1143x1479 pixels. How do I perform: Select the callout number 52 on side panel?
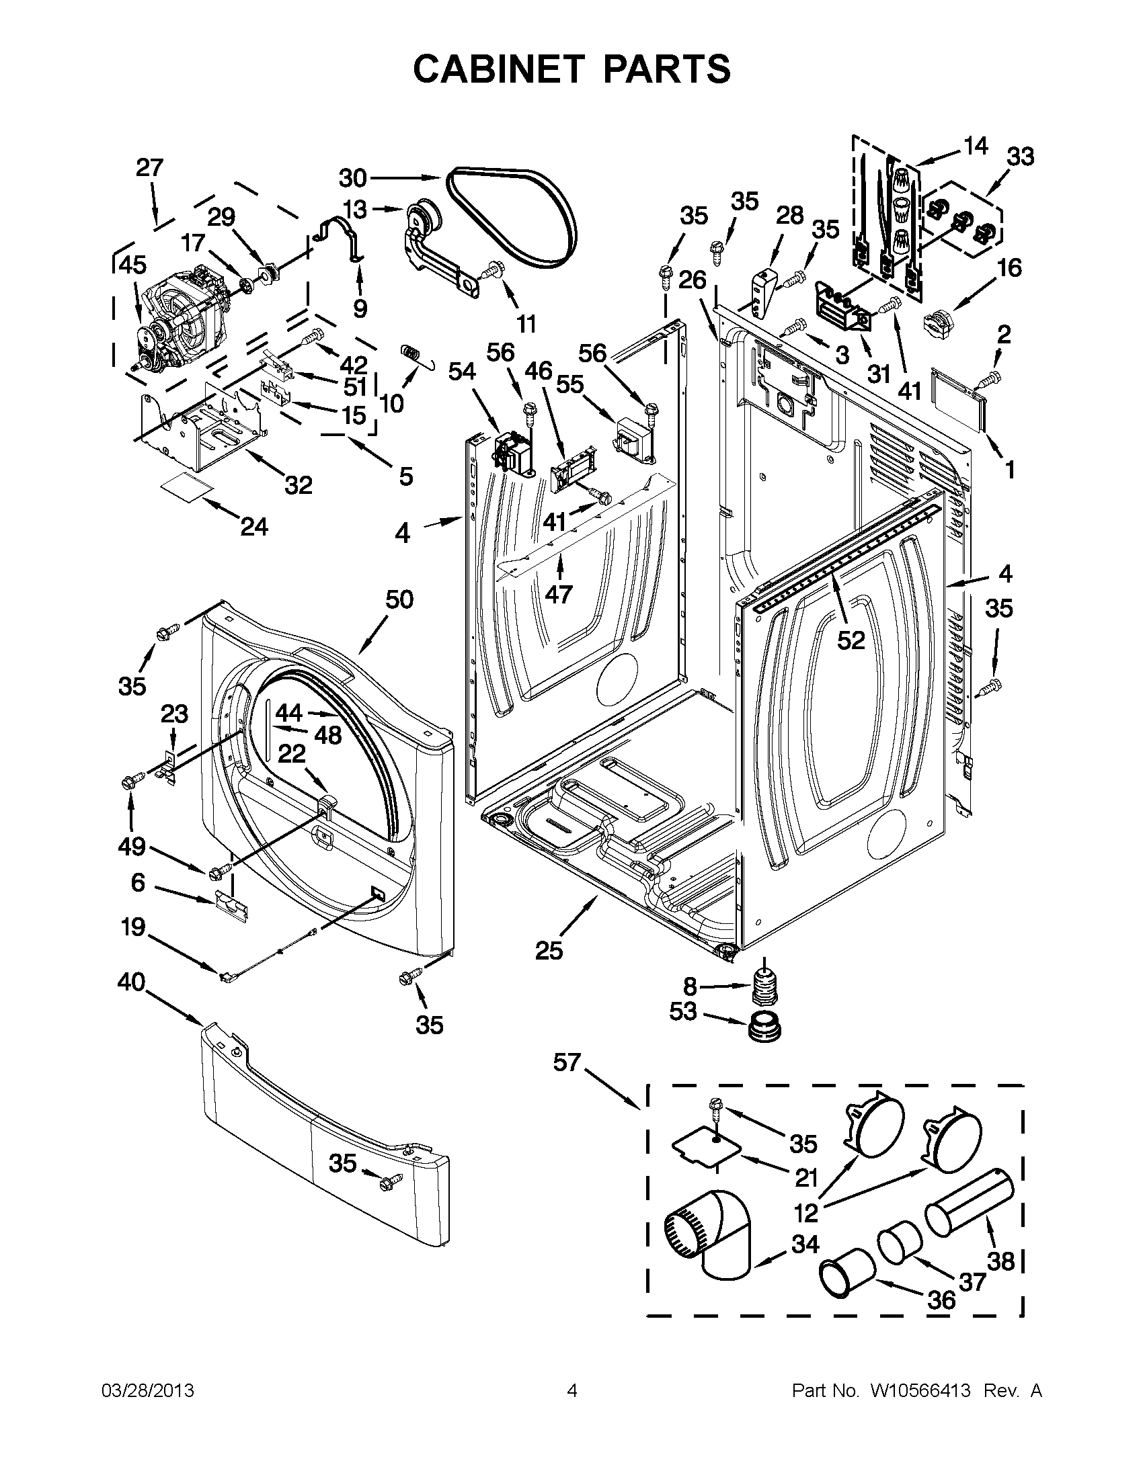click(851, 640)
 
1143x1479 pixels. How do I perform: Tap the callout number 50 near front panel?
click(399, 599)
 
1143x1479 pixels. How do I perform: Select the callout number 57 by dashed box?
click(567, 1062)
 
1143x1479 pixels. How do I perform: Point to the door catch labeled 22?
click(327, 803)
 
